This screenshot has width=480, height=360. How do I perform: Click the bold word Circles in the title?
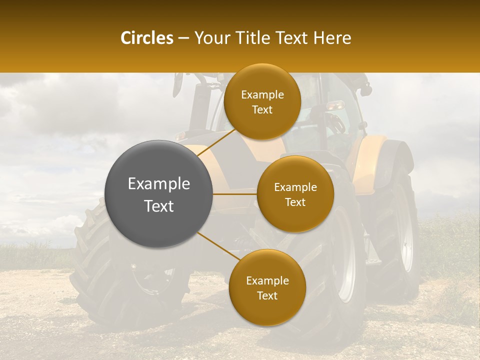pos(146,38)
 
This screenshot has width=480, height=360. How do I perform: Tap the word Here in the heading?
pos(332,38)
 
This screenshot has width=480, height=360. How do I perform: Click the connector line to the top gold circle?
pos(216,142)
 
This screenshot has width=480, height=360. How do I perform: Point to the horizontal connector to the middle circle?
pos(234,194)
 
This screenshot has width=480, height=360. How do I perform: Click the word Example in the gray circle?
pos(158,184)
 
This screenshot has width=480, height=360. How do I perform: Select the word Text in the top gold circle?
pos(262,110)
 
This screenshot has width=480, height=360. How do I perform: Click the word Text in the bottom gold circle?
pos(267,296)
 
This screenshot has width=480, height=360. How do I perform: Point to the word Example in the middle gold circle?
pos(295,187)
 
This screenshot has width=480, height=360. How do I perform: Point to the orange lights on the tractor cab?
pos(336,105)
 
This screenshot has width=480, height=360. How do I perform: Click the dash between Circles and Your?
pos(183,38)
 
